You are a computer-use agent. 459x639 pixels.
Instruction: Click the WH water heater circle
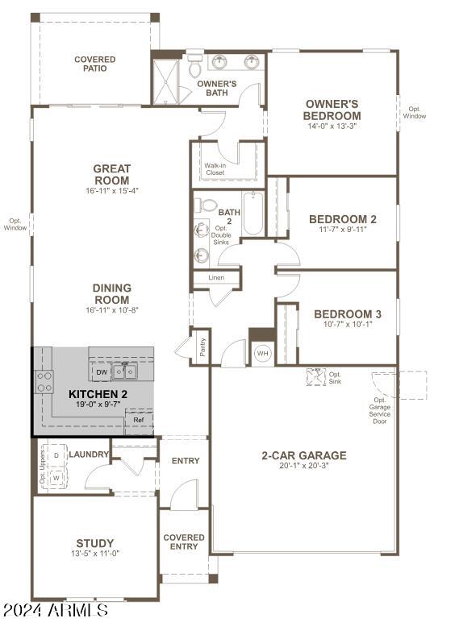coord(262,353)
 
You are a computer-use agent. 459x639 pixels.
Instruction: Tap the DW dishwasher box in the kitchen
coord(102,371)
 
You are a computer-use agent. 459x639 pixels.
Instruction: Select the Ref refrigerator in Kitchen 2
coord(139,420)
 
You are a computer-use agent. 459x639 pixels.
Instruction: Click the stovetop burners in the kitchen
coord(44,381)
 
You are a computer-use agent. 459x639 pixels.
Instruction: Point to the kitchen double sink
coord(125,371)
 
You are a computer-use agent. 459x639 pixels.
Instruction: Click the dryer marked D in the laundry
coord(56,454)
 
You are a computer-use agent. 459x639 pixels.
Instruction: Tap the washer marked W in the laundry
coord(56,478)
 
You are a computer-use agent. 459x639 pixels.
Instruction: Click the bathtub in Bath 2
coord(253,213)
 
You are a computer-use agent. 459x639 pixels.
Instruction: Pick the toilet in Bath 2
coord(205,205)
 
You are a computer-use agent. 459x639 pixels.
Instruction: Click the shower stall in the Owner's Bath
coord(165,82)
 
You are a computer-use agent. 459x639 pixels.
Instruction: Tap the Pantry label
coord(202,347)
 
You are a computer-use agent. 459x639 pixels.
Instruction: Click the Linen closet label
coord(216,277)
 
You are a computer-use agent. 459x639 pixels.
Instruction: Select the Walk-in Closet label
coord(215,169)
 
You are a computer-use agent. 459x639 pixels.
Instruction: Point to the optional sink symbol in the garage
coord(315,377)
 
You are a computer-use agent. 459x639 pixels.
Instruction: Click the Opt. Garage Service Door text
coord(380,410)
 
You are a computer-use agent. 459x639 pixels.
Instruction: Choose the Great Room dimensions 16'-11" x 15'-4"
coord(112,190)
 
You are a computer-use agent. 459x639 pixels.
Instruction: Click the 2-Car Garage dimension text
coord(304,466)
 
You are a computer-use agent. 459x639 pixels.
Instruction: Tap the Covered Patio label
coord(95,64)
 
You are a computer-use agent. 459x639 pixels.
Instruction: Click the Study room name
coord(95,543)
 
